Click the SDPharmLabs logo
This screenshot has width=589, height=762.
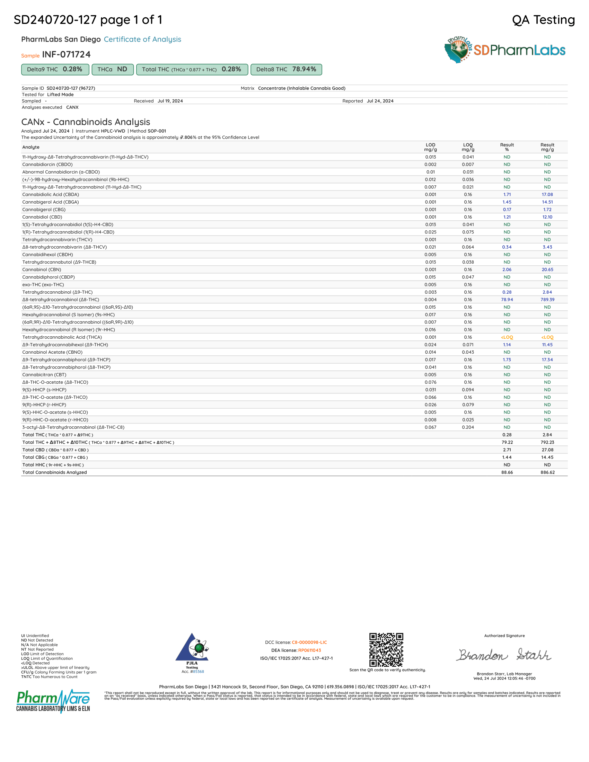(504, 50)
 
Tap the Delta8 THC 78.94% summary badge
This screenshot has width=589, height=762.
(286, 69)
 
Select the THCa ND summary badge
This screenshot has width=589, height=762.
(112, 69)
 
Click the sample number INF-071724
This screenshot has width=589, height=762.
(66, 55)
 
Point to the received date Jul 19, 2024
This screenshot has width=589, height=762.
(170, 101)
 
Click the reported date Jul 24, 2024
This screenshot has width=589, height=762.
(380, 101)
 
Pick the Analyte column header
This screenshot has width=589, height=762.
(31, 147)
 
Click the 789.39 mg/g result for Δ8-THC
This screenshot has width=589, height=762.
(547, 300)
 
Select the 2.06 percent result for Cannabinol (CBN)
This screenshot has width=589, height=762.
(507, 270)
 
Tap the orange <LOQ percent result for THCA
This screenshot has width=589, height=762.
(507, 337)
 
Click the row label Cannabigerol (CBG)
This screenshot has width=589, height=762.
(44, 210)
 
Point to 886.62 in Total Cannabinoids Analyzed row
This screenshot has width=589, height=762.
(547, 472)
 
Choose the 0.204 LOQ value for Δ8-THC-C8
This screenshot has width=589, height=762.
(468, 427)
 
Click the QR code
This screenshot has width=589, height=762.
(386, 650)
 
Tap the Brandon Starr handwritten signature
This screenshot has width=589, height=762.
(504, 655)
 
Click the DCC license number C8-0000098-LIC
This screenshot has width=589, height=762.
(309, 642)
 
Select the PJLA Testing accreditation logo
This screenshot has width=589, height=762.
(192, 651)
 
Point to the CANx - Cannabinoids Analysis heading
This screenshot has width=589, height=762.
(86, 122)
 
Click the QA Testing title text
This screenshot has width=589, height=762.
(543, 20)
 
